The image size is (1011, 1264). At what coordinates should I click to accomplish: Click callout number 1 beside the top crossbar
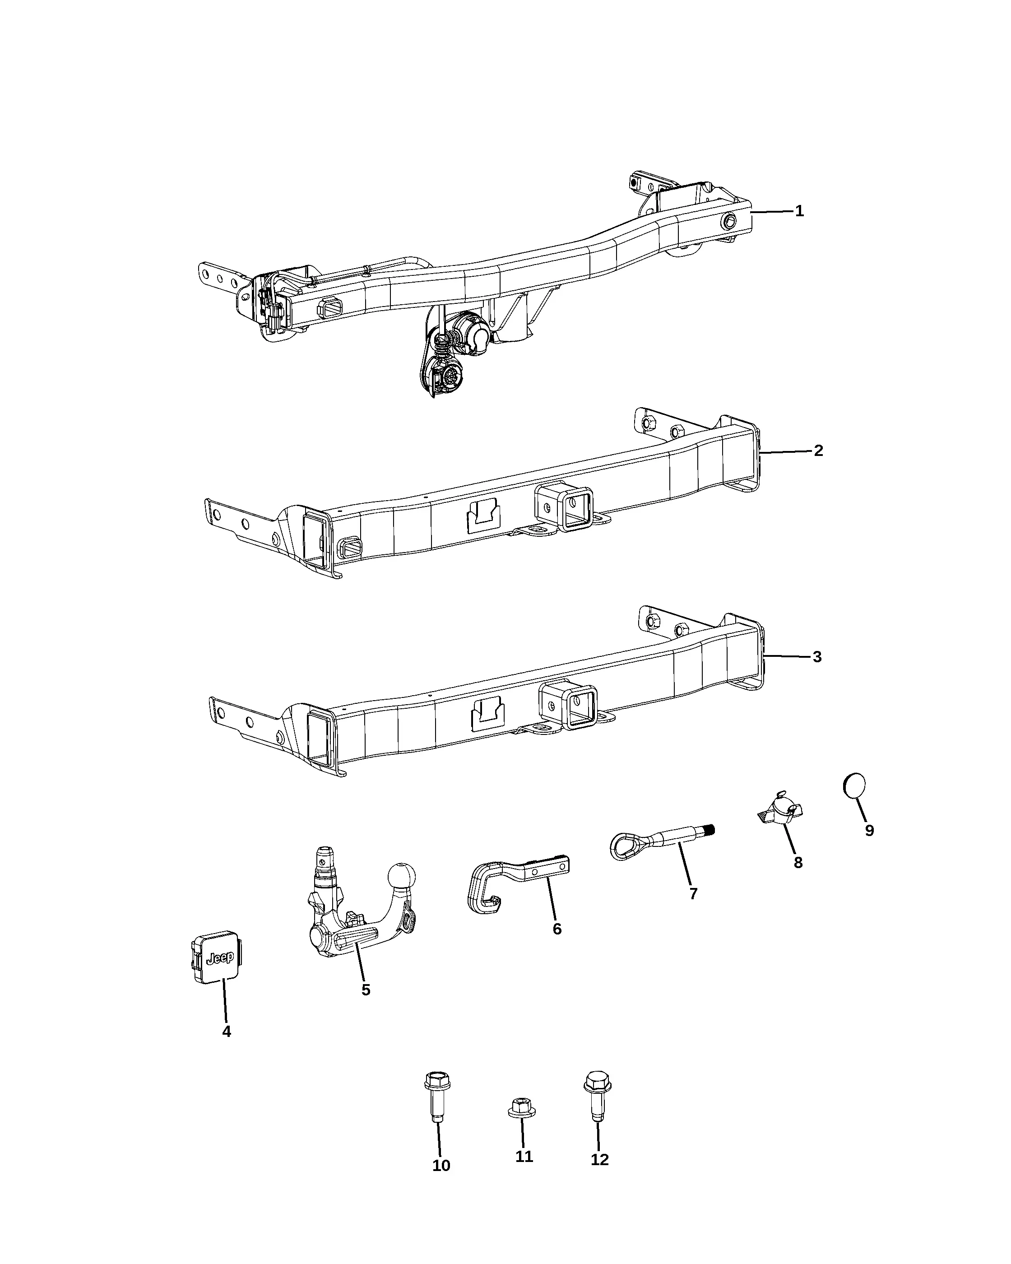coord(799,211)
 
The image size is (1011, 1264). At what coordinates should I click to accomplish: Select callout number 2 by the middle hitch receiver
coord(818,451)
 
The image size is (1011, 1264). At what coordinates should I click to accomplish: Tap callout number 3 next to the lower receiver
coord(817,657)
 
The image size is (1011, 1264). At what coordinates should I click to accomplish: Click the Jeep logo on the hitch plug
coord(220,958)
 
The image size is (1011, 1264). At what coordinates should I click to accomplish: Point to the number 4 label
coord(227,1031)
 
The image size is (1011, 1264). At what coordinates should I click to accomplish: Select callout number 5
coord(366,990)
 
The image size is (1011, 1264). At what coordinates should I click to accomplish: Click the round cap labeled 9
coord(854,785)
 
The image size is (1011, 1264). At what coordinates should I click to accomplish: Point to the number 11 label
coord(524,1157)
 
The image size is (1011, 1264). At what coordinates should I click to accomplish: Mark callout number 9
coord(870,831)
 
